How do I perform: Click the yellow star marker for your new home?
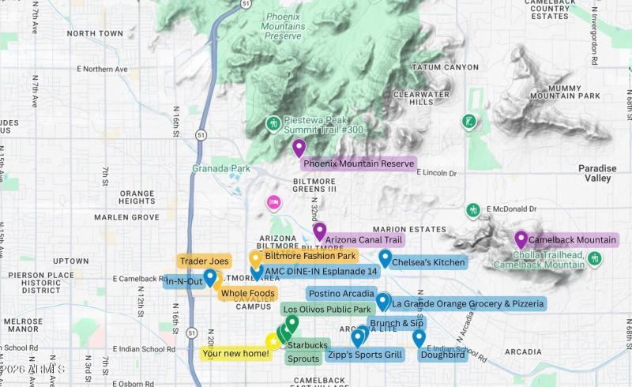point(273,341)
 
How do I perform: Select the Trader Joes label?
point(204,261)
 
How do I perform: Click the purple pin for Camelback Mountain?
point(521,239)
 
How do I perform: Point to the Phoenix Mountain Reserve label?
point(359,164)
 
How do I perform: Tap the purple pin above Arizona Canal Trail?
point(319,231)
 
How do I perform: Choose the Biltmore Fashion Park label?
point(310,256)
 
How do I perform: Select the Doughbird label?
point(441,355)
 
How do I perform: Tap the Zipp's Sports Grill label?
point(365,355)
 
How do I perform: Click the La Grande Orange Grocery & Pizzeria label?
point(468,303)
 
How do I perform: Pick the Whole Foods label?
point(247,294)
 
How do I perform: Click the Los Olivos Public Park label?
point(327,310)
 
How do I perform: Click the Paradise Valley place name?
point(597,174)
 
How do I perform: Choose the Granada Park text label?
point(209,168)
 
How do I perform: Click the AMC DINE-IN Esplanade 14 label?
point(322,272)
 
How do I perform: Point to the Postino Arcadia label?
point(340,294)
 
